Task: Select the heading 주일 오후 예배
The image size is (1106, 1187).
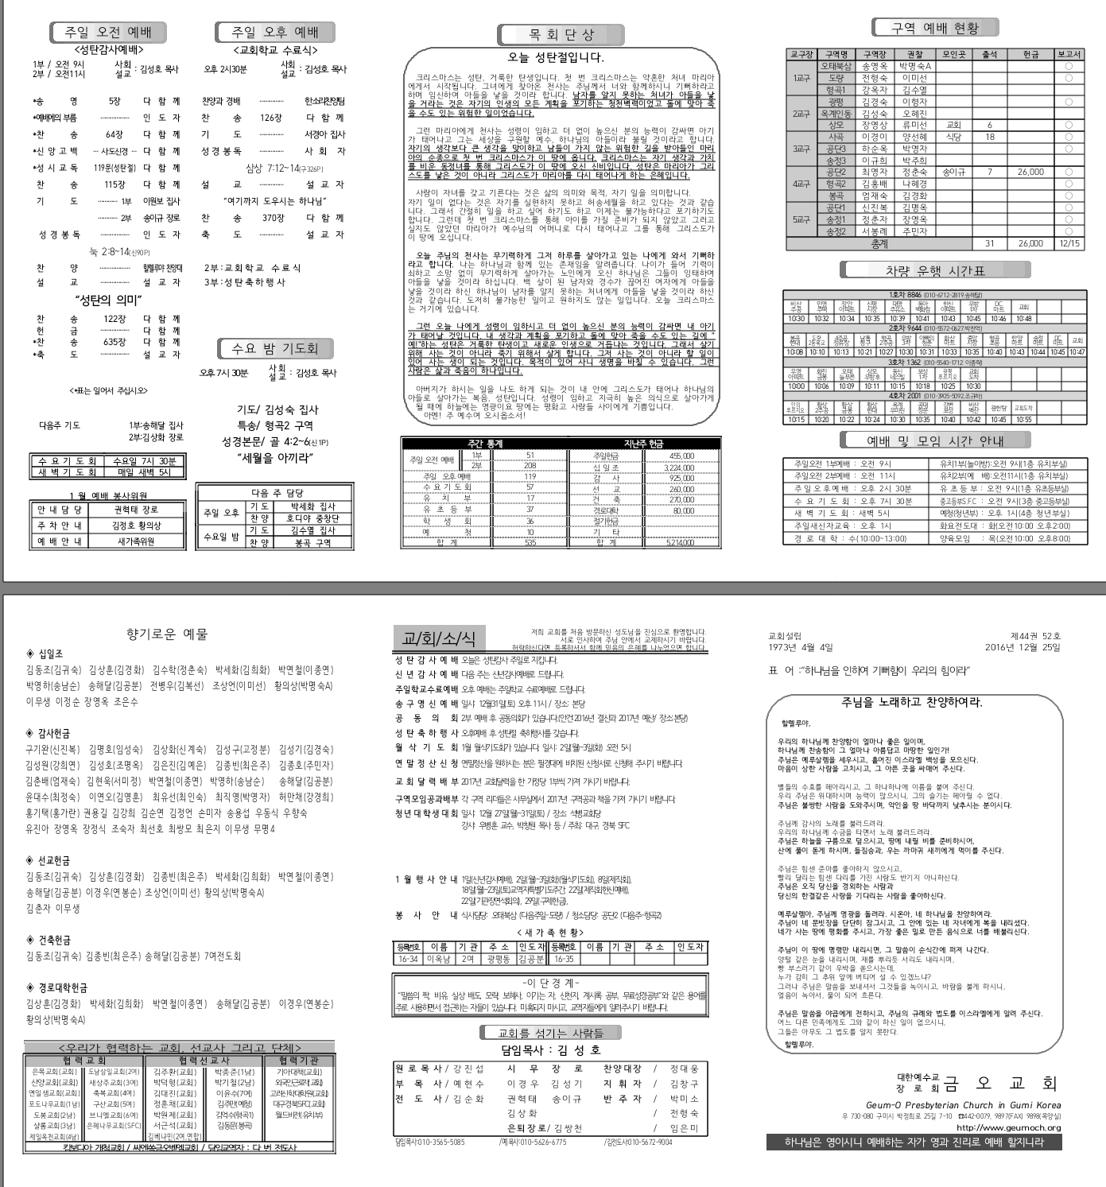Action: click(274, 33)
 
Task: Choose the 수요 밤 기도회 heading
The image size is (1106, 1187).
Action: click(275, 348)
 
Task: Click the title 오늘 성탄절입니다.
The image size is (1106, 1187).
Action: click(556, 57)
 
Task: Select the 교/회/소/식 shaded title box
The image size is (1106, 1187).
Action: click(439, 638)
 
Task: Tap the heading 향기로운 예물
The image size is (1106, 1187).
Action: click(167, 634)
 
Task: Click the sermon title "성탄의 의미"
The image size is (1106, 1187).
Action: click(108, 300)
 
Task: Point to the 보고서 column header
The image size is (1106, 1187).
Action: click(1069, 54)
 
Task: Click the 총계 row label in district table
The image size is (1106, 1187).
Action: click(879, 243)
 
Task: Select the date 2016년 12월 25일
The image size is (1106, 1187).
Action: click(1023, 647)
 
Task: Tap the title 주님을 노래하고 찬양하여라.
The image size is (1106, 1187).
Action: click(911, 702)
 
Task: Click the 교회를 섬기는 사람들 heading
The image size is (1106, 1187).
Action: click(550, 1033)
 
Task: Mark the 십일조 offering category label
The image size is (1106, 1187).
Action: click(49, 654)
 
